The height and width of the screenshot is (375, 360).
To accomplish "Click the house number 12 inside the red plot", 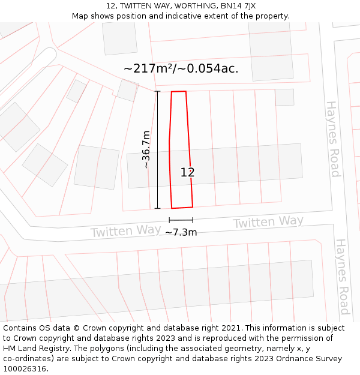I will click(188, 172).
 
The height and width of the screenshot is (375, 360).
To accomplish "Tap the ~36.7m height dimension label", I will click(146, 149).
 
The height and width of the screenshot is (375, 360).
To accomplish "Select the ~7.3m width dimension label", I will click(181, 232).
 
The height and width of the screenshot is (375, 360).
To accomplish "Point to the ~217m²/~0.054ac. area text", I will click(181, 68).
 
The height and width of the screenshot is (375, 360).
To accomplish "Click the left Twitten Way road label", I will click(125, 231).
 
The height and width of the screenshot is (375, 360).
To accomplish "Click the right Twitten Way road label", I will click(268, 222).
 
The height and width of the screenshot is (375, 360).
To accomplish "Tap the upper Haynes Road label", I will click(333, 139).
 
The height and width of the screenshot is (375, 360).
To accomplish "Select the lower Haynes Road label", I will click(342, 277).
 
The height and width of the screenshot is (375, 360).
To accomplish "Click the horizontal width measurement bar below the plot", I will click(181, 220).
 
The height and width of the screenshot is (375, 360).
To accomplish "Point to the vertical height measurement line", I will click(158, 150).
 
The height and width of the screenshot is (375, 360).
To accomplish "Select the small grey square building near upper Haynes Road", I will click(284, 97).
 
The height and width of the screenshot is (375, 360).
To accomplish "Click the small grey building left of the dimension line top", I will click(127, 90).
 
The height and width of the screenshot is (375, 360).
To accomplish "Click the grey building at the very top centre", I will click(119, 38).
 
